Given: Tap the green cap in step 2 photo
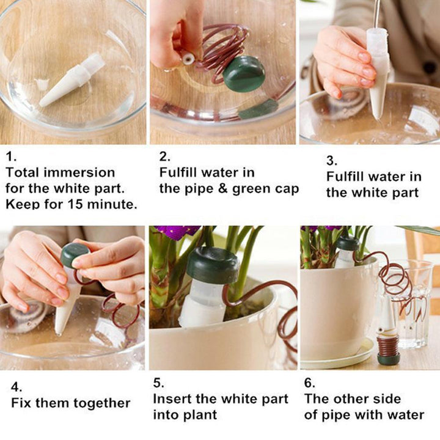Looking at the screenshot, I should tap(244, 74).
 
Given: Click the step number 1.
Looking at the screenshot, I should tap(9, 156).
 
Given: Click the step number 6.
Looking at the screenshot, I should tap(309, 383).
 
